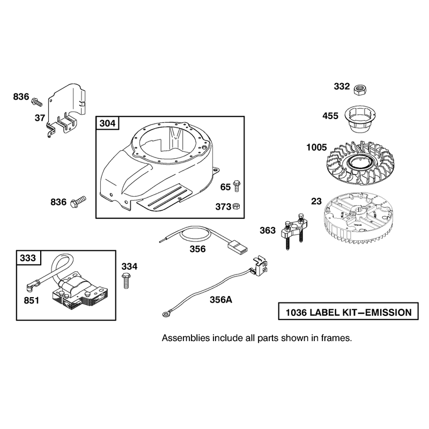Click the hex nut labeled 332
(360, 90)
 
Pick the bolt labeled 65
(236, 186)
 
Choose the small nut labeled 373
(236, 206)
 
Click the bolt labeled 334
(126, 280)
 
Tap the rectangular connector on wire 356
(238, 246)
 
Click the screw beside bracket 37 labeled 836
(37, 102)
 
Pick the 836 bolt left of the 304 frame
(78, 202)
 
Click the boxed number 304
(107, 123)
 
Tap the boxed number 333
(28, 258)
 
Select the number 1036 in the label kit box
(296, 312)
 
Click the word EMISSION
(388, 312)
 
